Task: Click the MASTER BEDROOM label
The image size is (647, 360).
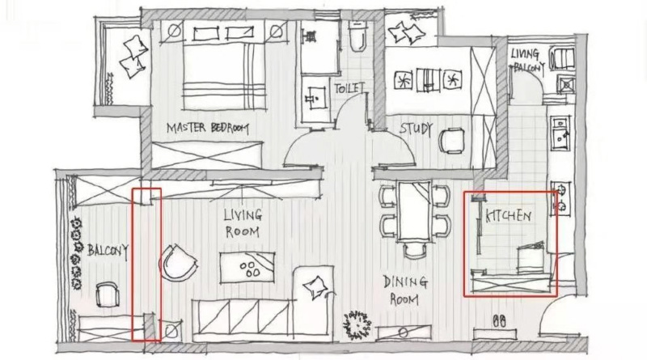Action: pyautogui.click(x=208, y=128)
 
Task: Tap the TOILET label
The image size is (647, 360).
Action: pyautogui.click(x=349, y=88)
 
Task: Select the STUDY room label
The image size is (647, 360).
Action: pyautogui.click(x=416, y=129)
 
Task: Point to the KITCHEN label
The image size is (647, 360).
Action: pyautogui.click(x=509, y=216)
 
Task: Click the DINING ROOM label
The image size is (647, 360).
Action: pyautogui.click(x=405, y=290)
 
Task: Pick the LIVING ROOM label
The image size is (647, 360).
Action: pyautogui.click(x=243, y=223)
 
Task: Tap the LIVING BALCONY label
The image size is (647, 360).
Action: pyautogui.click(x=528, y=61)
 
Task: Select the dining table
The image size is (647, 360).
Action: pyautogui.click(x=415, y=211)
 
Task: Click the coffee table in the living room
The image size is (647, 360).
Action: pyautogui.click(x=247, y=268)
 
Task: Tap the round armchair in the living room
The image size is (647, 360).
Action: pyautogui.click(x=178, y=263)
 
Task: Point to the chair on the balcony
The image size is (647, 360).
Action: pyautogui.click(x=108, y=294)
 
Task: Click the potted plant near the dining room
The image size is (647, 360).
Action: pyautogui.click(x=357, y=324)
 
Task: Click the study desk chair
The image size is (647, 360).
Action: pyautogui.click(x=451, y=141)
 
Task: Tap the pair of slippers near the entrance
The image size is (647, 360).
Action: pyautogui.click(x=499, y=321)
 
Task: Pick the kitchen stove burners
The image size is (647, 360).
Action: pyautogui.click(x=560, y=197)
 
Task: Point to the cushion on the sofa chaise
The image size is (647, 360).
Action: pyautogui.click(x=316, y=286)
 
